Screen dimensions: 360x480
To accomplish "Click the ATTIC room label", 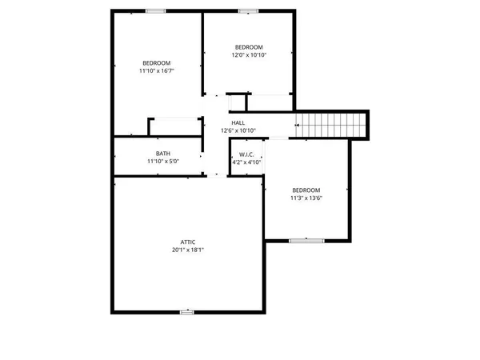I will (188, 242).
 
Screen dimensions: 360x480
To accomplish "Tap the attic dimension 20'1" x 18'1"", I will (188, 250).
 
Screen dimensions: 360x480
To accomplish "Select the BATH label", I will (162, 154).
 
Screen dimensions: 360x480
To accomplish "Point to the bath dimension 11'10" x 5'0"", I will (162, 162).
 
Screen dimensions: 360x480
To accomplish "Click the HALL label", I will (238, 122).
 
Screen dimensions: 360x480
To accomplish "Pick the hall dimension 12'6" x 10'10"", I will (238, 130).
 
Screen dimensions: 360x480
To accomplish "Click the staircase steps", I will (330, 126).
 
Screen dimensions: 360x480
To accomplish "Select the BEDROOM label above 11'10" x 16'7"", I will (156, 63).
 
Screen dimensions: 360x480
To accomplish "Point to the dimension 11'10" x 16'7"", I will (156, 71).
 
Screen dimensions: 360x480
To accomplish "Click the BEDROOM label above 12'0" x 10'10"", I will (248, 47).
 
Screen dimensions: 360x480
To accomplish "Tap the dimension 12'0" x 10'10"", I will (248, 55).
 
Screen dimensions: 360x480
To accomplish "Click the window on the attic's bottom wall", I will (186, 311).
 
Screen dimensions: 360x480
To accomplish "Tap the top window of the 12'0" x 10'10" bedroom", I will (249, 10).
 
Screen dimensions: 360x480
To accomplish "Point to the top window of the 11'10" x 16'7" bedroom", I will (156, 10).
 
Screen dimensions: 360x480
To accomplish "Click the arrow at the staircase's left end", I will (298, 126).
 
